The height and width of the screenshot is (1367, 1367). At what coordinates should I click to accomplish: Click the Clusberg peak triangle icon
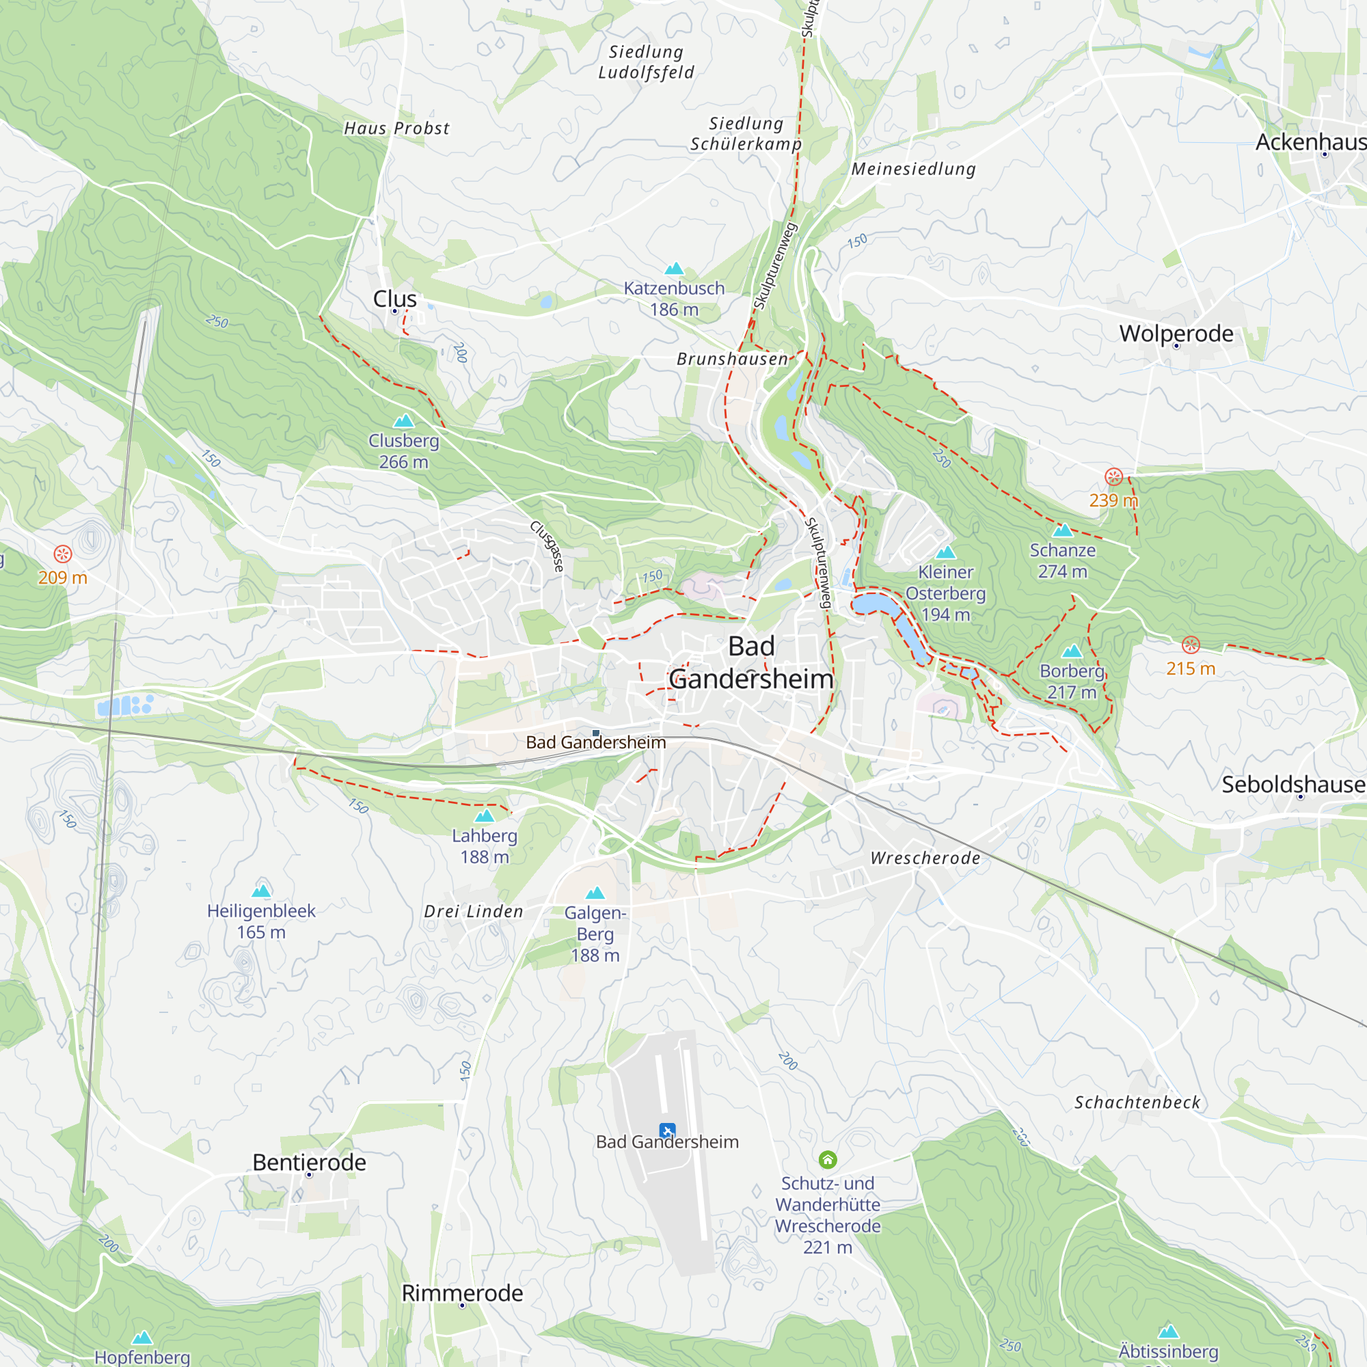403,421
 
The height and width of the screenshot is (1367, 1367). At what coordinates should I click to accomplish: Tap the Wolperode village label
1176,334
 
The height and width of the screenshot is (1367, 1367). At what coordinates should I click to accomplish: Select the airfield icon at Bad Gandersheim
666,1131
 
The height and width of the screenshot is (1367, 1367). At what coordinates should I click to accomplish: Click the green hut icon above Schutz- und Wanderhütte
827,1160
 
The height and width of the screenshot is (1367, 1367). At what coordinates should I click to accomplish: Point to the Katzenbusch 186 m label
674,299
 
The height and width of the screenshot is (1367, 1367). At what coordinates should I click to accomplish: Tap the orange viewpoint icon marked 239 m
1113,477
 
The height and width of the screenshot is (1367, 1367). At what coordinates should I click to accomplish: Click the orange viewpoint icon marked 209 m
63,554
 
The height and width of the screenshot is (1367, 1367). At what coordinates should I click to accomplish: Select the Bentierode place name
309,1163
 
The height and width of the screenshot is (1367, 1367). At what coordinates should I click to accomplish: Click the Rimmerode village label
462,1292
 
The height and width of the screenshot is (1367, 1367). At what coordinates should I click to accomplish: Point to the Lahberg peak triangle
484,817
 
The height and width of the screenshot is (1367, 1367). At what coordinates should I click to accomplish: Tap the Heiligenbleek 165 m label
261,921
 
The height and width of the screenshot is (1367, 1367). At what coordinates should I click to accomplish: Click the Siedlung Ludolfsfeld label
646,62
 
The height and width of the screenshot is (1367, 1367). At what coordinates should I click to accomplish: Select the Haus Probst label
396,128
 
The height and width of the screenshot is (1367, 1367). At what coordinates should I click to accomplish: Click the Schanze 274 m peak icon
1062,530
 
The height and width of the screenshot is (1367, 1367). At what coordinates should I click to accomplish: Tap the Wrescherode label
925,858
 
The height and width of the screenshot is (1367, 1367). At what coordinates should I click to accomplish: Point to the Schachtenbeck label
1137,1102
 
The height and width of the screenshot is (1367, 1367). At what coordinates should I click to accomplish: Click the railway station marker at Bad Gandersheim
596,733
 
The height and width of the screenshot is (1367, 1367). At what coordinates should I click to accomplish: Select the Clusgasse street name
547,546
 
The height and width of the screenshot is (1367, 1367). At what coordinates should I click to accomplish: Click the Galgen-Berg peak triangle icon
595,893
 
